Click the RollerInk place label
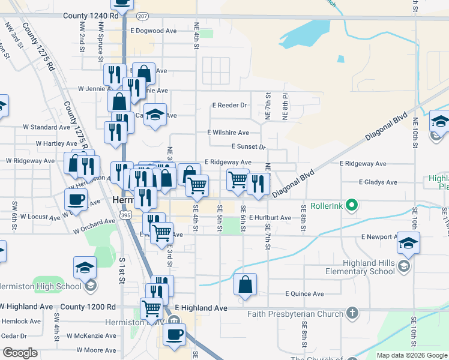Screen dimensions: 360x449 click(328, 206)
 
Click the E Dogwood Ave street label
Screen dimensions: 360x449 click(153, 30)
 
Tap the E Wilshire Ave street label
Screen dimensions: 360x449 click(228, 133)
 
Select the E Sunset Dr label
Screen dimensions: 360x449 click(248, 146)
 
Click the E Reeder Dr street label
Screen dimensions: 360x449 click(229, 105)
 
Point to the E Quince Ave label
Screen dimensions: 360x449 click(304, 293)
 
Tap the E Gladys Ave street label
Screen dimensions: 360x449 click(378, 182)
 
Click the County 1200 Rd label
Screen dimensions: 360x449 click(88, 307)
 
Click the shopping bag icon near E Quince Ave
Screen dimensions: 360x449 click(246, 285)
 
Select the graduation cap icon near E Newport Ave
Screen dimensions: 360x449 click(408, 244)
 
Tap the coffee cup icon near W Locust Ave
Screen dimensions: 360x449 click(76, 199)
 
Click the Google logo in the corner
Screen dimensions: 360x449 click(20, 353)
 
